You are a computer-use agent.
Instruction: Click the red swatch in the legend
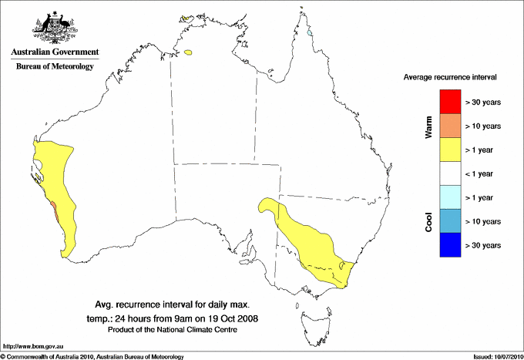(450, 102)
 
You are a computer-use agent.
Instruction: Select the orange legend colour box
(450, 126)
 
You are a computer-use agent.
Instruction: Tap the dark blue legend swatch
(450, 245)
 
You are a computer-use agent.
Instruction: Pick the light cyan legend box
(450, 197)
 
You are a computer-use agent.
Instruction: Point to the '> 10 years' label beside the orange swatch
(484, 126)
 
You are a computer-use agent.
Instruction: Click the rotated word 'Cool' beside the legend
(428, 222)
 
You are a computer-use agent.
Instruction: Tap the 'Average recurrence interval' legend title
(450, 78)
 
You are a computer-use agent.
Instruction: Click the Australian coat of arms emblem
(55, 26)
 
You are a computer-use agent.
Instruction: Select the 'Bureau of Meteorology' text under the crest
(55, 67)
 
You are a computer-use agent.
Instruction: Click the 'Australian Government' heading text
(55, 52)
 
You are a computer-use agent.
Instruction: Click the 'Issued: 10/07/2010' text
(496, 356)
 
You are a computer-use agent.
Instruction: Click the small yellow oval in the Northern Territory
(190, 53)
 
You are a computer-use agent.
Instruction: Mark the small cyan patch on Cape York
(309, 33)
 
